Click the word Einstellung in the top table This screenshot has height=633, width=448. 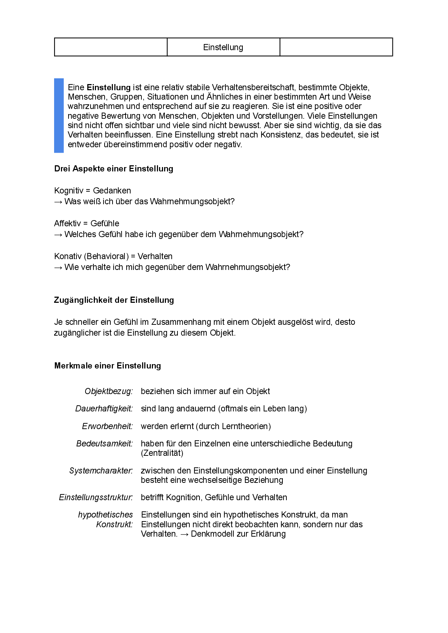click(x=223, y=47)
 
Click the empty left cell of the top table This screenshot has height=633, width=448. click(x=111, y=47)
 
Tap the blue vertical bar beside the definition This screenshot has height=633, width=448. click(x=59, y=115)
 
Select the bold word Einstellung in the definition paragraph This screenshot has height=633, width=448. click(x=109, y=87)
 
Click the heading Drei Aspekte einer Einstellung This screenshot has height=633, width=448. click(x=114, y=169)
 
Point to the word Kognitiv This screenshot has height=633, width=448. click(x=69, y=191)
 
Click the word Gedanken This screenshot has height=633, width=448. click(x=112, y=191)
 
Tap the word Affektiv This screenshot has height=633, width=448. click(x=67, y=223)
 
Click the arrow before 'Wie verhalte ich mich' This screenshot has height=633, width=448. click(x=58, y=267)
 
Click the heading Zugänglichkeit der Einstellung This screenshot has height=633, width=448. click(x=114, y=300)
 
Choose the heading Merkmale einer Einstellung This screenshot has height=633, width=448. click(x=107, y=366)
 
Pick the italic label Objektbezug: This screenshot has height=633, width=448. click(x=109, y=391)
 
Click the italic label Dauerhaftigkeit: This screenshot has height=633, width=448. click(x=104, y=409)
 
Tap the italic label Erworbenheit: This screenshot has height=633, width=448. click(x=107, y=426)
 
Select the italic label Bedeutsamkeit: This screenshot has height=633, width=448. click(x=104, y=444)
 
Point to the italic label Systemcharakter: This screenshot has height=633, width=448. click(x=101, y=471)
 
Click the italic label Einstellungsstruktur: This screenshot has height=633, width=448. click(x=96, y=497)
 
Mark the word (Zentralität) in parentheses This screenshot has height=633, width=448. click(x=162, y=453)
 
